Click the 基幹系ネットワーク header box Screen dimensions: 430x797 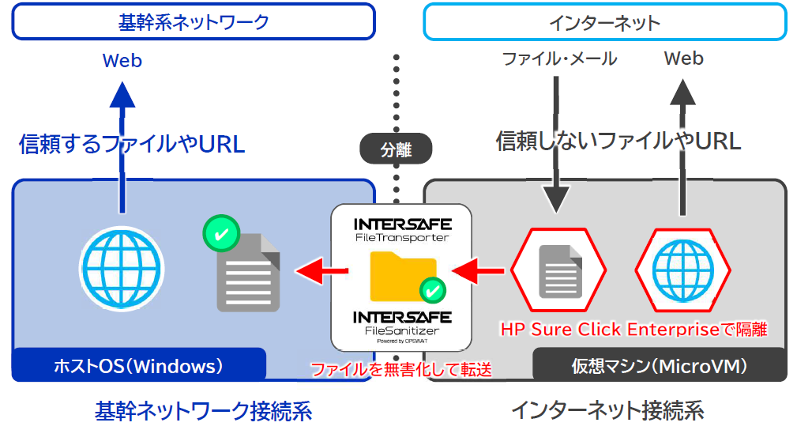pyautogui.click(x=194, y=22)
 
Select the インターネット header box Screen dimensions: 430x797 pyautogui.click(x=604, y=22)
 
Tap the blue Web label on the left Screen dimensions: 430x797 pyautogui.click(x=122, y=60)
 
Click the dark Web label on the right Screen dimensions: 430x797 pyautogui.click(x=683, y=58)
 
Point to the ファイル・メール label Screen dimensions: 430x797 pyautogui.click(x=559, y=58)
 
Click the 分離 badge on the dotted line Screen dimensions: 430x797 pyautogui.click(x=397, y=149)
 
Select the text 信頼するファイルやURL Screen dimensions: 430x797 pyautogui.click(x=131, y=144)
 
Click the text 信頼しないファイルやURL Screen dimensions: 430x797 pyautogui.click(x=618, y=141)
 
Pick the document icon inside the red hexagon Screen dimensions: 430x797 pyautogui.click(x=560, y=271)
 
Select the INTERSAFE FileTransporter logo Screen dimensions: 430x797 pyautogui.click(x=401, y=228)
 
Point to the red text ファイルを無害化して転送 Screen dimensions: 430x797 pyautogui.click(x=400, y=369)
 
